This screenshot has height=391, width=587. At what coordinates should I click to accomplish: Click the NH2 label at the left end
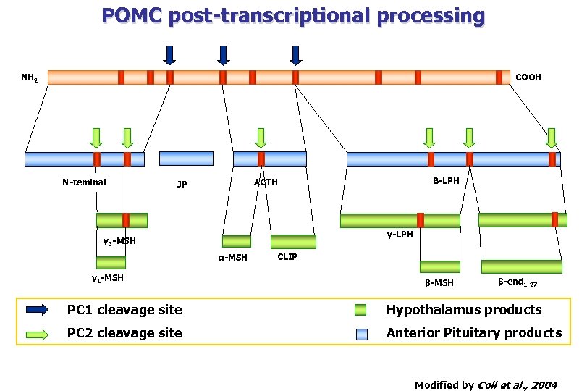pos(30,77)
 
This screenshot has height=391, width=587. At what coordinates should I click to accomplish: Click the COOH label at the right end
pos(528,77)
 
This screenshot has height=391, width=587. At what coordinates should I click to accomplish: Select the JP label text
pos(182,185)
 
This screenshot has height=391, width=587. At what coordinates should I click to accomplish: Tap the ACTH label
pos(266,182)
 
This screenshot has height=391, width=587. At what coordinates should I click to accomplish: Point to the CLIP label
pos(287,257)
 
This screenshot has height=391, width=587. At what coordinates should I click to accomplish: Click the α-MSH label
pos(233,258)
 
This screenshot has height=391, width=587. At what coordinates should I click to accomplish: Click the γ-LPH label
pos(400,235)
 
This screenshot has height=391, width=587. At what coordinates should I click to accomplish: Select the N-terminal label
pos(84,182)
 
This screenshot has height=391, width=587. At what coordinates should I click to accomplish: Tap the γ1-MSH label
pos(107,278)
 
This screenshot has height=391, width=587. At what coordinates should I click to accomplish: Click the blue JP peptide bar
pos(186,159)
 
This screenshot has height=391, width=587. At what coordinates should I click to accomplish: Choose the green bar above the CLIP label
pos(293,242)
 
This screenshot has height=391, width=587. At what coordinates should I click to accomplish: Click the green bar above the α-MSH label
pos(237,241)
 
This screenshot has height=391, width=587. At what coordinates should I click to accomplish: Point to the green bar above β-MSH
pos(439,266)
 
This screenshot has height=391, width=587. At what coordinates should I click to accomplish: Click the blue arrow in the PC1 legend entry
pos(37,311)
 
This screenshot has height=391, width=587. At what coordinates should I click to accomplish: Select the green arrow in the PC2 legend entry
pos(37,334)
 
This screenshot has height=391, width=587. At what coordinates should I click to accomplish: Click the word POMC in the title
pos(132,15)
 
